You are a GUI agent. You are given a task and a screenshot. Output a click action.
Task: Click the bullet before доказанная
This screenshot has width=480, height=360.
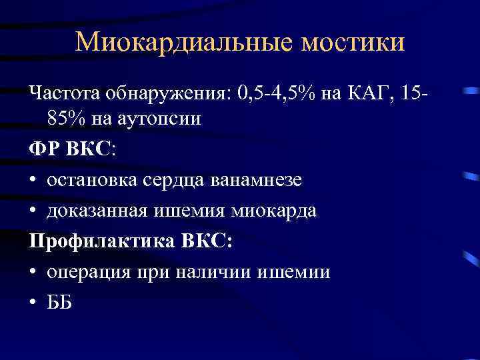pos(34,211)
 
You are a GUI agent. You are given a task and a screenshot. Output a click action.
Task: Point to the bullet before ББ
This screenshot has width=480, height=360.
pos(34,303)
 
